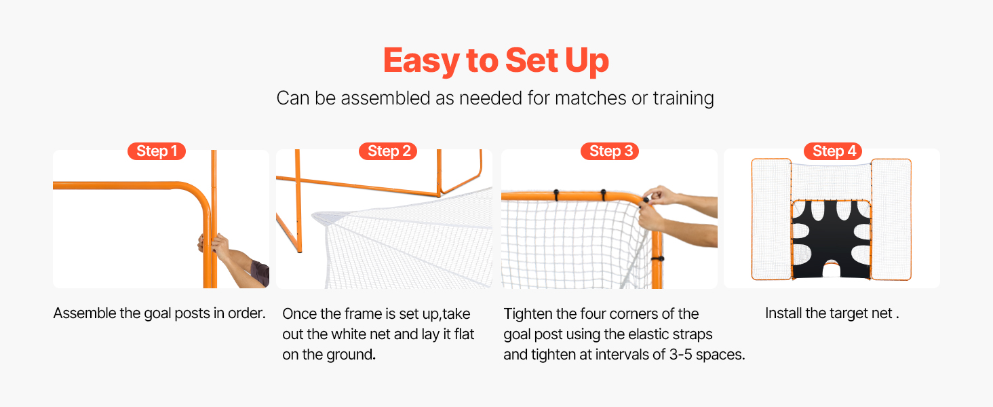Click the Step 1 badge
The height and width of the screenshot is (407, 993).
pyautogui.click(x=157, y=151)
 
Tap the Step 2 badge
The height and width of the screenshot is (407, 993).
pyautogui.click(x=388, y=151)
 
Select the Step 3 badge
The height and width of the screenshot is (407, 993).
pyautogui.click(x=610, y=151)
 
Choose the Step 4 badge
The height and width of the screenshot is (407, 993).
pyautogui.click(x=833, y=151)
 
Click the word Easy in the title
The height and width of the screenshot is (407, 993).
pyautogui.click(x=422, y=61)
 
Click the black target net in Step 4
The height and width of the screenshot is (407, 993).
pyautogui.click(x=831, y=239)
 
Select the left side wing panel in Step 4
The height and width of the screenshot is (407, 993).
pyautogui.click(x=771, y=220)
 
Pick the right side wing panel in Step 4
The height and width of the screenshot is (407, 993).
pyautogui.click(x=891, y=220)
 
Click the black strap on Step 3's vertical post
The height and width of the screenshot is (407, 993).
pyautogui.click(x=657, y=258)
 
